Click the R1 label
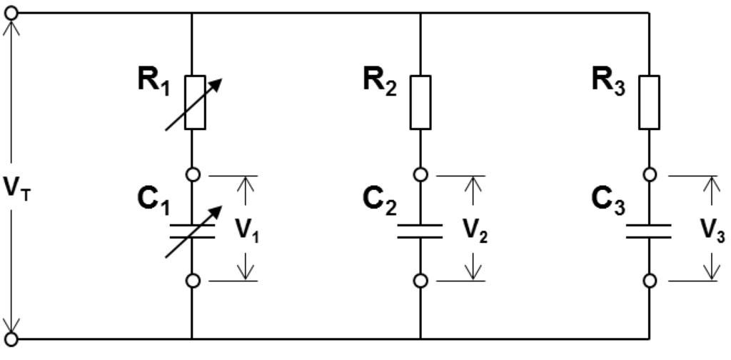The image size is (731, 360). click(x=154, y=81)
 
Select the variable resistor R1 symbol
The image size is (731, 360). click(x=194, y=103)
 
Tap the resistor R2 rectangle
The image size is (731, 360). click(x=420, y=102)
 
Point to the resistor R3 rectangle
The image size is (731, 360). click(x=649, y=102)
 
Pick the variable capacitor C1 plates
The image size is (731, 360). click(x=193, y=231)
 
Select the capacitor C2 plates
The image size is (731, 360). click(x=420, y=231)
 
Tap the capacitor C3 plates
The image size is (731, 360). click(x=649, y=231)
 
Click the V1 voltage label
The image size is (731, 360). click(x=246, y=229)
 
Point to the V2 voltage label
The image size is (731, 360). click(x=475, y=229)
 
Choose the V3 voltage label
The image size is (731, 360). click(x=713, y=229)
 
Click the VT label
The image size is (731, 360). click(x=17, y=187)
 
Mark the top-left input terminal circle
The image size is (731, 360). click(x=11, y=13)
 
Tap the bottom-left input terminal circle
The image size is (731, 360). click(x=11, y=339)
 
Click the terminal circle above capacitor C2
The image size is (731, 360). click(x=420, y=175)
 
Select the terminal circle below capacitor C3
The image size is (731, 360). click(x=650, y=281)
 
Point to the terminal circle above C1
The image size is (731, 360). click(x=193, y=175)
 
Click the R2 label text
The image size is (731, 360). click(x=380, y=81)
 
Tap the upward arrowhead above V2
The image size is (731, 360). click(x=473, y=184)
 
